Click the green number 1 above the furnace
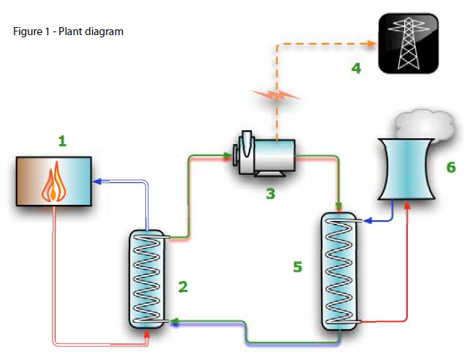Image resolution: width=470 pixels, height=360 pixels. [62, 140]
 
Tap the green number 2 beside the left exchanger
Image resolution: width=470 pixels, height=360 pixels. [183, 287]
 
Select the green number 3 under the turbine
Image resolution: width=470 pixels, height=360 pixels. [270, 195]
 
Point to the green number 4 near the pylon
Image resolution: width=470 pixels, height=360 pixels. [356, 69]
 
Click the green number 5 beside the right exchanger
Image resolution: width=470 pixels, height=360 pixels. [297, 267]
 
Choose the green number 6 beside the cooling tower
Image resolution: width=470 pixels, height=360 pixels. [451, 168]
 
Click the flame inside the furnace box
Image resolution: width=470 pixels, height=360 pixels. [56, 183]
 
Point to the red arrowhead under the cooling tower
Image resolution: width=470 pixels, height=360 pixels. [406, 203]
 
